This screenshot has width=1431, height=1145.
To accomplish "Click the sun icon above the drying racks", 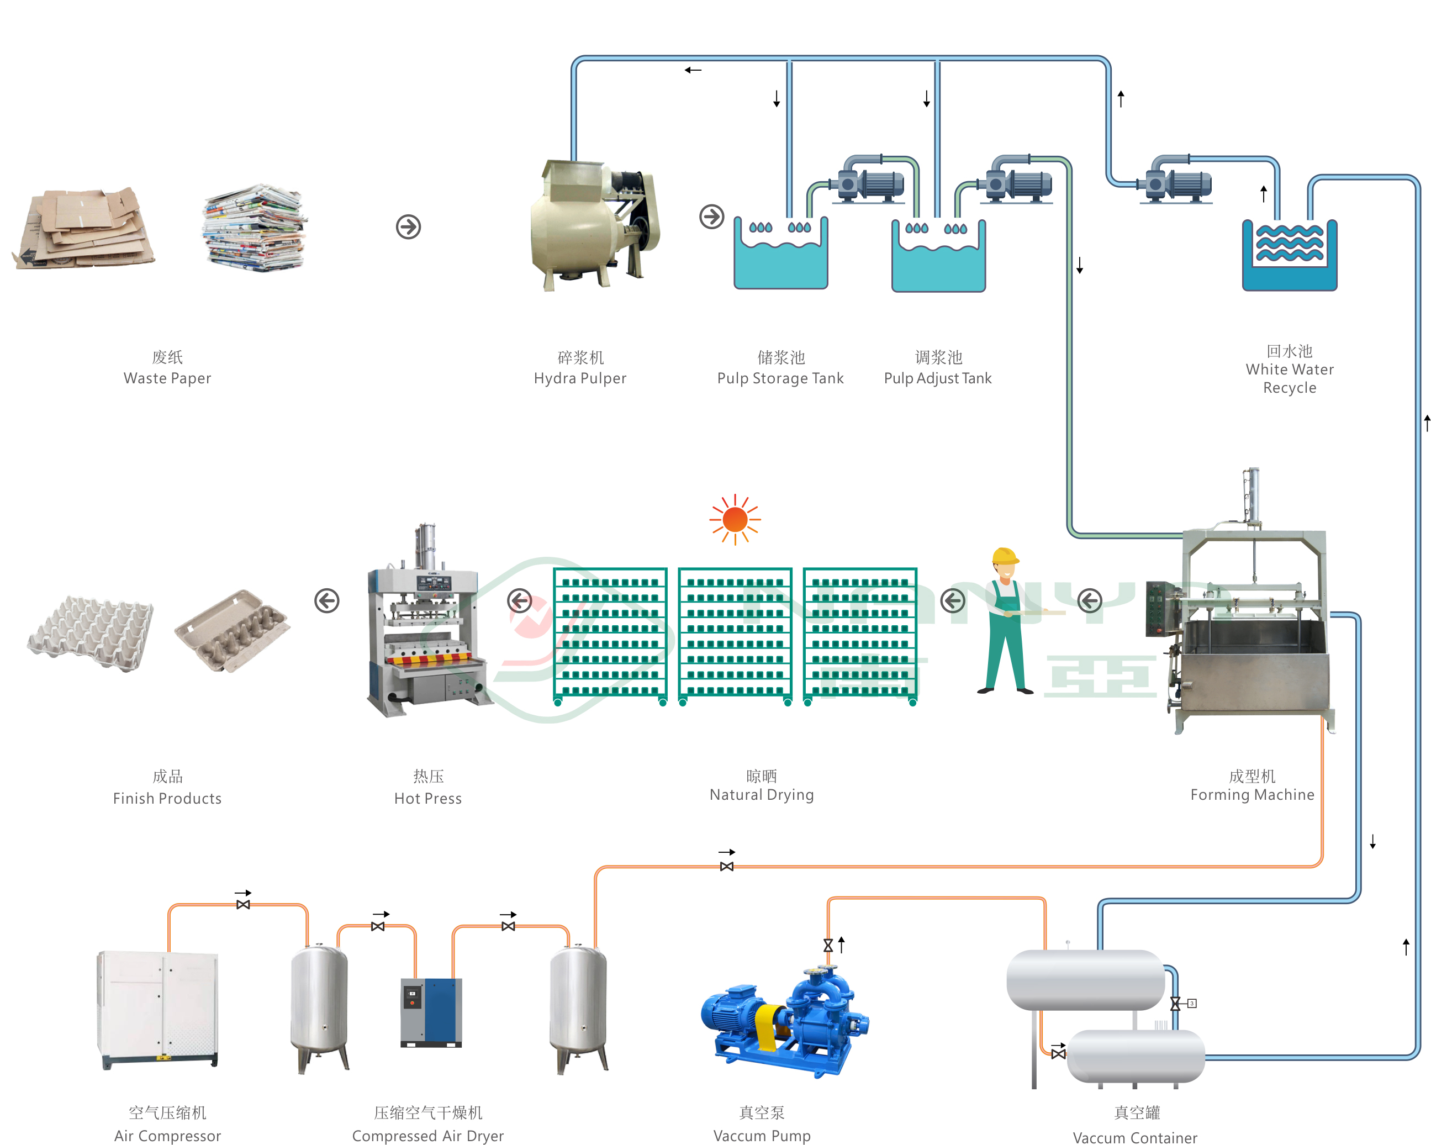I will click(x=735, y=519).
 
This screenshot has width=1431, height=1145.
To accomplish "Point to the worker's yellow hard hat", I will click(x=1004, y=556).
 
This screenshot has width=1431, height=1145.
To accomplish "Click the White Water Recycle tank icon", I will click(x=1289, y=256).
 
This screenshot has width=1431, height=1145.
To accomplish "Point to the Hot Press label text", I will click(x=427, y=799).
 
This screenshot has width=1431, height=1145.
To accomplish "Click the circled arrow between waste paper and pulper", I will click(x=408, y=227).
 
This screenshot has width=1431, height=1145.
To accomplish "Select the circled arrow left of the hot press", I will click(x=326, y=601).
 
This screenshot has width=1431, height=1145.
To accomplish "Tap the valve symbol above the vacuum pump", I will click(x=828, y=945).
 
